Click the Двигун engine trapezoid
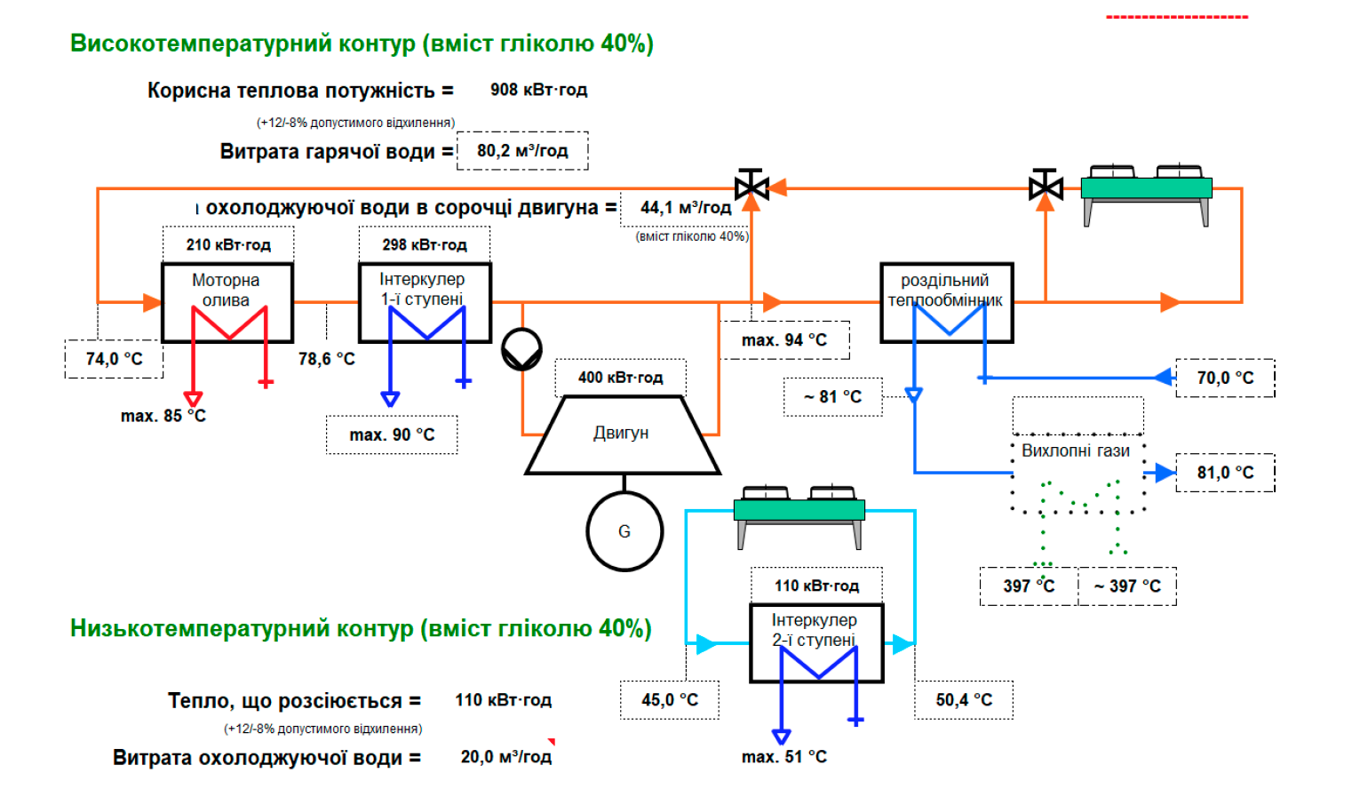click(622, 434)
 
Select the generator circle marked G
click(624, 531)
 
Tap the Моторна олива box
click(227, 302)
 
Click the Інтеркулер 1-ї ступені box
click(425, 302)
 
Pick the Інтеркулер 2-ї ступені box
click(816, 642)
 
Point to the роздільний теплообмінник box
click(946, 302)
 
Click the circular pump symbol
click(521, 349)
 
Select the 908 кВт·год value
click(538, 90)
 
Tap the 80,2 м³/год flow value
click(522, 151)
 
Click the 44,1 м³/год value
click(686, 208)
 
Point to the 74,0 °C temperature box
click(114, 359)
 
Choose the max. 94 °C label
click(784, 340)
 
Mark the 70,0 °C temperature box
click(1225, 378)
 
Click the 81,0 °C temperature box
click(1225, 473)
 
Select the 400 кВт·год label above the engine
click(620, 378)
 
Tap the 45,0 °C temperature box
click(670, 700)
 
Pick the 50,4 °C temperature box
click(964, 700)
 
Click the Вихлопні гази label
click(1075, 450)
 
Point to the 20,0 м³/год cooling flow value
click(505, 757)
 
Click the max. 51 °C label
click(784, 757)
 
